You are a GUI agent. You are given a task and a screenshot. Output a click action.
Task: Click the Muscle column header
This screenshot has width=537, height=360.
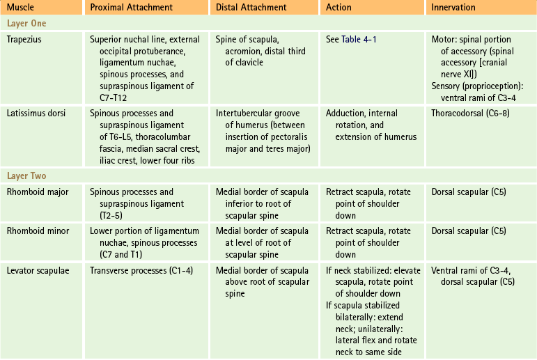click(x=22, y=8)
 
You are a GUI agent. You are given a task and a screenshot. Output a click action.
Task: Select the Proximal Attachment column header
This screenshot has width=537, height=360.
click(x=132, y=8)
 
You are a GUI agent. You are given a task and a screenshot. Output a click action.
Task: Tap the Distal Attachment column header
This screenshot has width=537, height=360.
click(x=251, y=8)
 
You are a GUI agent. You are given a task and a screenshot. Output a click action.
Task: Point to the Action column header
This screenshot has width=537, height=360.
click(x=338, y=8)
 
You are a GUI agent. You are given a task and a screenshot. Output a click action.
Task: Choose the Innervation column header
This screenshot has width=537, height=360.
click(x=453, y=8)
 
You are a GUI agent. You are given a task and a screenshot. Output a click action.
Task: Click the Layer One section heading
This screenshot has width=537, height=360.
click(x=26, y=23)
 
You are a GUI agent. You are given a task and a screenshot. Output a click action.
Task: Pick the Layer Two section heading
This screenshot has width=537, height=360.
click(x=26, y=176)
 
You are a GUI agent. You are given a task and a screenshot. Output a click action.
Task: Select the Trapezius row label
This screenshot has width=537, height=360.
click(x=26, y=39)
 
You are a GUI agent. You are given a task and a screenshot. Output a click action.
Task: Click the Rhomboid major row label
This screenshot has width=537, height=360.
click(x=38, y=192)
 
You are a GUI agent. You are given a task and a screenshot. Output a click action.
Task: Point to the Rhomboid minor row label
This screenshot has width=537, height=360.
click(x=38, y=230)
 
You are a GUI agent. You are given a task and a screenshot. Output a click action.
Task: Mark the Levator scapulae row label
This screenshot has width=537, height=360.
click(x=38, y=269)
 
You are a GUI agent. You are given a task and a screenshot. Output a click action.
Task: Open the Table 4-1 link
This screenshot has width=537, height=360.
click(x=360, y=39)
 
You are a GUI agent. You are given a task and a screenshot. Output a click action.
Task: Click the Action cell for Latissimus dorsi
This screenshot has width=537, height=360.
click(x=371, y=125)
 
